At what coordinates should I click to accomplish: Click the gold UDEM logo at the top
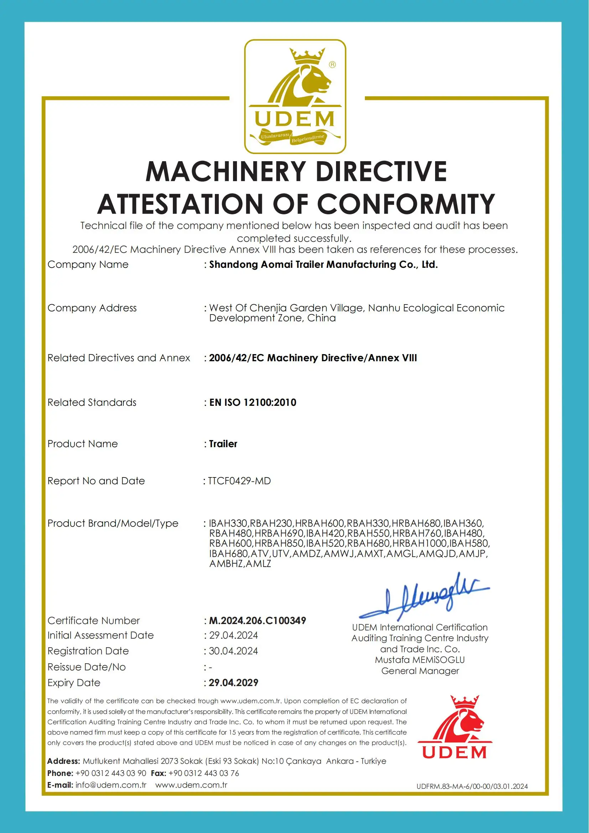tap(295, 97)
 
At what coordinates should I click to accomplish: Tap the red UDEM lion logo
tap(454, 727)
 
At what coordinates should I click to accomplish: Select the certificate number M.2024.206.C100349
tap(258, 621)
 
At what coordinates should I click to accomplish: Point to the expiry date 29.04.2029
tap(234, 683)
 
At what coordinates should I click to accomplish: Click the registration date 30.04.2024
tap(233, 651)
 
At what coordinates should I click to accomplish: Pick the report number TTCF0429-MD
tap(239, 481)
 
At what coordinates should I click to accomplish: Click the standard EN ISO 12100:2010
tap(253, 403)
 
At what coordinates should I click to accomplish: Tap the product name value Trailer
tap(223, 444)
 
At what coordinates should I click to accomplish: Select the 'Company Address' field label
tap(92, 308)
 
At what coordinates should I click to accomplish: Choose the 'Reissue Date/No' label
tap(87, 667)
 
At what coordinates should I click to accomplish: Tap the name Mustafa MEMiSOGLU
tap(420, 660)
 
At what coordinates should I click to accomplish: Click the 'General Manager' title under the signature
tap(420, 671)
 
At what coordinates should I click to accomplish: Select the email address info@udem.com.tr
tap(110, 785)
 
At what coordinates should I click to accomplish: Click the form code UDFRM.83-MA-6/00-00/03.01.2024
tap(472, 786)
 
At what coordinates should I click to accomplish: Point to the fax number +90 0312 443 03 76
tap(204, 773)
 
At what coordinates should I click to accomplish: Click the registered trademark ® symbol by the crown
tap(332, 65)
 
